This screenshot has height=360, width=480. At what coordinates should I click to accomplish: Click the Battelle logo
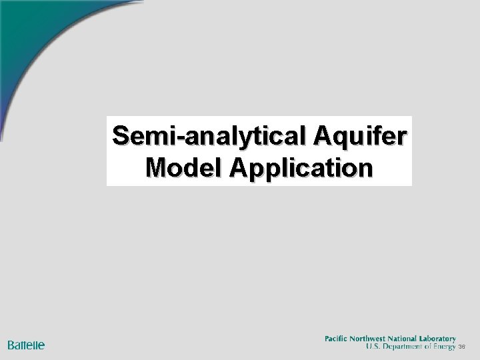coord(26,345)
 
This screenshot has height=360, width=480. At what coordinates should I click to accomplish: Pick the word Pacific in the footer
coord(337,339)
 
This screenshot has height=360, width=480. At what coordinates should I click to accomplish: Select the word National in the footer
coord(409,339)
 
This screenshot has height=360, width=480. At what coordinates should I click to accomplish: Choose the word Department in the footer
coord(403,347)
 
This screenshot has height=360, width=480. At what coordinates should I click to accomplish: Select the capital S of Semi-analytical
coord(121,135)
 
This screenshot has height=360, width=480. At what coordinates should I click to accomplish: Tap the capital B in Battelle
coord(11,345)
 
